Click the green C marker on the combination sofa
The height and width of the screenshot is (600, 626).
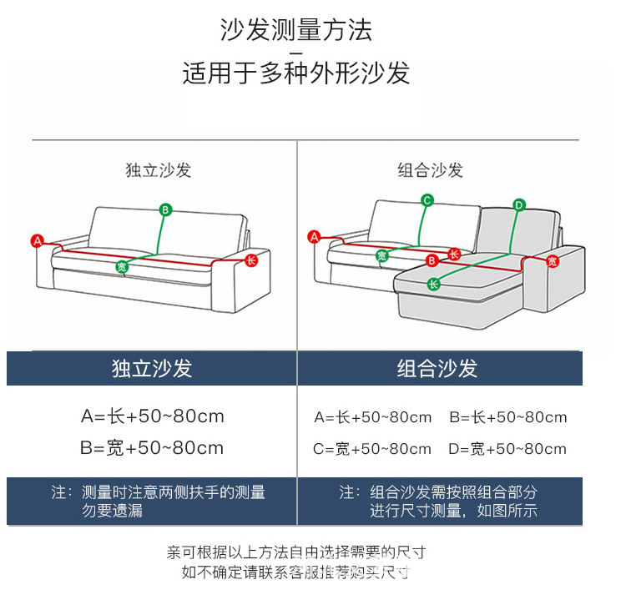(x=427, y=200)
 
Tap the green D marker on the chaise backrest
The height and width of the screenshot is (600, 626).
(x=518, y=204)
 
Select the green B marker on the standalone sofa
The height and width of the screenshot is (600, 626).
(x=165, y=209)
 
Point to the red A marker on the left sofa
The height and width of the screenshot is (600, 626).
(x=37, y=240)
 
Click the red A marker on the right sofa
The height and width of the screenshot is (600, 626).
(x=315, y=237)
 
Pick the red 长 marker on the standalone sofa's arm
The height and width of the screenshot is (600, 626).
(x=251, y=260)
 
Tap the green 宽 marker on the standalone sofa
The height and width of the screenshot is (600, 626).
(x=122, y=267)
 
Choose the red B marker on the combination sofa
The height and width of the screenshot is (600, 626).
(x=432, y=260)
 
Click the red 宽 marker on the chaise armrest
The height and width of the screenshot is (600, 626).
(x=552, y=261)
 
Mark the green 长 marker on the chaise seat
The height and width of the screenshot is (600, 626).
(x=433, y=284)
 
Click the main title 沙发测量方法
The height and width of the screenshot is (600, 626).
(x=296, y=30)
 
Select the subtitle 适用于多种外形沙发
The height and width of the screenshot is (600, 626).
(x=296, y=73)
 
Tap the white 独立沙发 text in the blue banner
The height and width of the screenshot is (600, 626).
(x=152, y=369)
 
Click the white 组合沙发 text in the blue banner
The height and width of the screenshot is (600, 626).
(x=437, y=369)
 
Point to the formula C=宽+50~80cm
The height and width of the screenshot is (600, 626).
(x=372, y=449)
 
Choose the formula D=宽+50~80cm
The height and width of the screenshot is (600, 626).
(x=507, y=449)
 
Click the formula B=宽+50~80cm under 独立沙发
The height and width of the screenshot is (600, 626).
(x=152, y=447)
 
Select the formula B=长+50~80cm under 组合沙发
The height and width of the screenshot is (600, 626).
(x=507, y=417)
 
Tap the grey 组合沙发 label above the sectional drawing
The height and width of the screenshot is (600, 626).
(x=430, y=170)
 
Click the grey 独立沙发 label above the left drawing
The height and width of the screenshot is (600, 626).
(x=159, y=170)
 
